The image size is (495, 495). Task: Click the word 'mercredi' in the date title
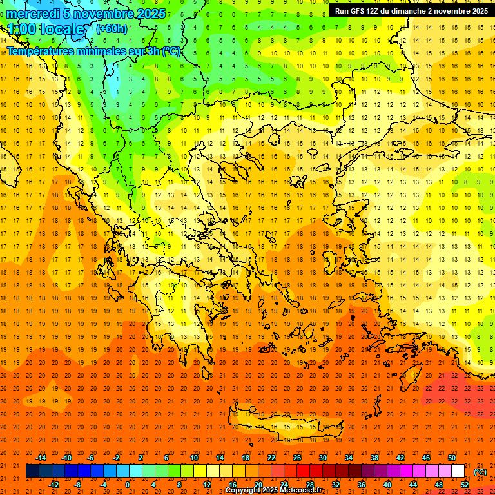[x=33, y=14]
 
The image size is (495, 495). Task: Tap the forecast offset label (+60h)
[x=111, y=29]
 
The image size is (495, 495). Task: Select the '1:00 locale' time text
[x=46, y=30]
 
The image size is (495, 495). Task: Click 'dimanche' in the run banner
[x=410, y=11]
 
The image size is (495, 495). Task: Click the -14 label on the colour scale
[x=41, y=458]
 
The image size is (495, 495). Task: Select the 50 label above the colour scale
[x=452, y=458]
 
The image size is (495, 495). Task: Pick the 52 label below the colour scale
[x=465, y=485]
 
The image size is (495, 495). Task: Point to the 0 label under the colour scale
[x=127, y=485]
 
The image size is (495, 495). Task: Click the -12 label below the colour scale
[x=53, y=485]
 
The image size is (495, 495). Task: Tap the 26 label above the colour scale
[x=297, y=458]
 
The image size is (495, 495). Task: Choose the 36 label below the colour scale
[x=362, y=485]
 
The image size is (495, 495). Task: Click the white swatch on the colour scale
[x=458, y=471]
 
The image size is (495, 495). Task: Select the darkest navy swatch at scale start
[x=32, y=471]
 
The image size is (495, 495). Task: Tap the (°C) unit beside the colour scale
[x=480, y=472]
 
